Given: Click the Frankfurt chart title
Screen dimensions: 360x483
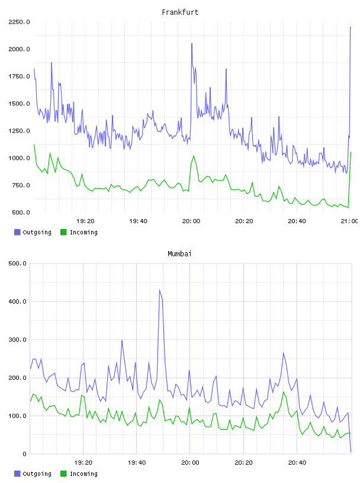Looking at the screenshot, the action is [180, 12].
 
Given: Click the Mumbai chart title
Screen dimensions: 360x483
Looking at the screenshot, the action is [179, 254].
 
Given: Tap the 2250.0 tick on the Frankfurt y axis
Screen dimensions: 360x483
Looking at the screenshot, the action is [19, 22].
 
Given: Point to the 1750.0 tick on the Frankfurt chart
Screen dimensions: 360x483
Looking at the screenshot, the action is [19, 76].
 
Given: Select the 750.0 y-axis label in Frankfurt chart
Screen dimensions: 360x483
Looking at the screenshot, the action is [21, 185].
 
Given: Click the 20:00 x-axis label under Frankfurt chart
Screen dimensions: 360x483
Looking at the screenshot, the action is [191, 221].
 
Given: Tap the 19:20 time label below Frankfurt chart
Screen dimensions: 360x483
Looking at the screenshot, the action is [85, 221].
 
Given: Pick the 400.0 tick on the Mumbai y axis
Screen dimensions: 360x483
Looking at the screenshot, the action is [17, 301].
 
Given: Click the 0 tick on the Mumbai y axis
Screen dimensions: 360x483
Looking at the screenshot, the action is [24, 454].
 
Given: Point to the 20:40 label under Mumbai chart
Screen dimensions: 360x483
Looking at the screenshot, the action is [297, 463].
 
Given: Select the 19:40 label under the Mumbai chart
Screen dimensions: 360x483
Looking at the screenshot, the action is [137, 463].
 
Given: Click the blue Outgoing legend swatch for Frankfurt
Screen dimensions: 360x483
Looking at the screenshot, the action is [17, 232].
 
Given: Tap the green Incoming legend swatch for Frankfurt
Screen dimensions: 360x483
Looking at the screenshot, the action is [63, 232].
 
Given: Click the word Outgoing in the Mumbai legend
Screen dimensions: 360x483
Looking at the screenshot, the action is [37, 474].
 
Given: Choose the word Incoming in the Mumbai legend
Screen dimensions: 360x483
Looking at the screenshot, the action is [83, 474].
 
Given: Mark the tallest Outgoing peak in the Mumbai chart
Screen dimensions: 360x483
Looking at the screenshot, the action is [159, 289].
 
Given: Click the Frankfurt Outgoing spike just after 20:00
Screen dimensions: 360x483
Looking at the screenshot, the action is [192, 43].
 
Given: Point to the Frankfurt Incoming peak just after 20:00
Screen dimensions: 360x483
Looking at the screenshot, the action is [194, 156].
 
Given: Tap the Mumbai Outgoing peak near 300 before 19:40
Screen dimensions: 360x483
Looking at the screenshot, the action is [122, 340].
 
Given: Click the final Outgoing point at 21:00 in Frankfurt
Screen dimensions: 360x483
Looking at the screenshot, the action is [351, 27].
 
